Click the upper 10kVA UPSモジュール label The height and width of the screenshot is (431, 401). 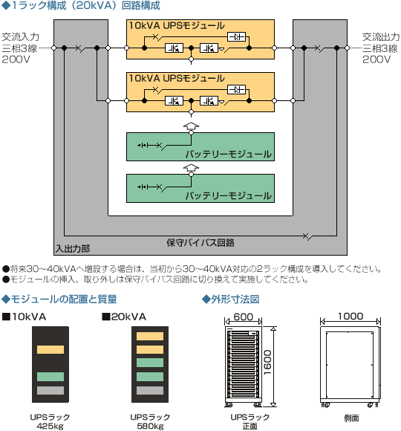(x=177, y=25)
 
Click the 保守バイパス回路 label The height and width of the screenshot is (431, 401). (x=200, y=243)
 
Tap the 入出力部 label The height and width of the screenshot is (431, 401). (x=73, y=249)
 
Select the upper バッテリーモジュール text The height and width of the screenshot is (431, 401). (x=229, y=155)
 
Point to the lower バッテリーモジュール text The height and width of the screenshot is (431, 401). (x=229, y=195)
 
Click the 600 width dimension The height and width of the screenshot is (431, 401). (x=243, y=317)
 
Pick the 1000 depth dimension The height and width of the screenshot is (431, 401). (x=351, y=316)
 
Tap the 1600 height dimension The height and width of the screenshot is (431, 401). (x=267, y=363)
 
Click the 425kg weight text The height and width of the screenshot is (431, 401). (x=50, y=427)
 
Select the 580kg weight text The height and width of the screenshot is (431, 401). (x=150, y=427)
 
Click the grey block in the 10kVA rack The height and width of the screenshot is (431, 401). (x=50, y=390)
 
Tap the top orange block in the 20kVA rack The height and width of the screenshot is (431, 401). (x=150, y=336)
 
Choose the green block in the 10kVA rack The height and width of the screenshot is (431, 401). (x=50, y=377)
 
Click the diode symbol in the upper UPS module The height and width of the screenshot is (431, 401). (x=236, y=37)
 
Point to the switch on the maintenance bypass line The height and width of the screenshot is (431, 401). (x=307, y=236)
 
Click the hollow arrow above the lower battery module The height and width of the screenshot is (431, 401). (x=191, y=167)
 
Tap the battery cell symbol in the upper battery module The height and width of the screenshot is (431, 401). (x=143, y=145)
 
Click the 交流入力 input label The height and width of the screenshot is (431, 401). (x=20, y=37)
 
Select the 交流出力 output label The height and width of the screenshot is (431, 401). (x=381, y=37)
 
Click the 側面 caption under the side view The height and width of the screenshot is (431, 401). (x=351, y=418)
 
